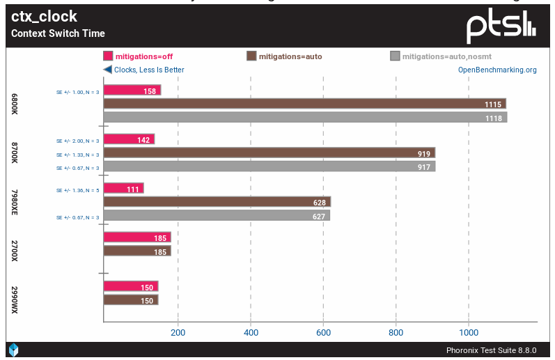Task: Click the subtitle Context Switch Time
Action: click(58, 33)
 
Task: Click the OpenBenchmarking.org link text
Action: click(497, 70)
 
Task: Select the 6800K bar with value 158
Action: click(132, 91)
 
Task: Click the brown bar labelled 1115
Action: click(304, 104)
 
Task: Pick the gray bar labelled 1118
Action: click(305, 117)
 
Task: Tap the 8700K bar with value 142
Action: click(129, 140)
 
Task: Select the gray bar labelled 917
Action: click(269, 167)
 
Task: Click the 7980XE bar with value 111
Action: click(123, 189)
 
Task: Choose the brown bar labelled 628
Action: click(217, 202)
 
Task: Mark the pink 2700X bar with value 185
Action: click(136, 237)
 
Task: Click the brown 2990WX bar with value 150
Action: click(130, 300)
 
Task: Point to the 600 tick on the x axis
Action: click(323, 332)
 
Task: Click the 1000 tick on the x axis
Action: click(468, 332)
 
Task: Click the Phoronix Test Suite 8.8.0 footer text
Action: click(491, 350)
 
